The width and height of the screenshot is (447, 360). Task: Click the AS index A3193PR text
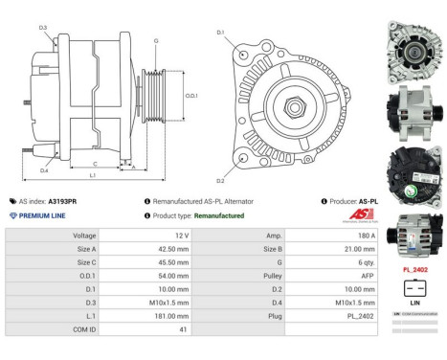point(64,202)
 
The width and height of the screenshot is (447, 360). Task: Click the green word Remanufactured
point(212,215)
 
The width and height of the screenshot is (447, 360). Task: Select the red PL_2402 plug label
point(414,270)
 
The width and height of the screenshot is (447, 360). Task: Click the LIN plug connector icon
point(414,287)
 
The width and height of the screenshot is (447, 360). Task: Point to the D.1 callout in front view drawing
point(220,33)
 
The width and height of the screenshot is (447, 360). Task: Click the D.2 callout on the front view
point(220,180)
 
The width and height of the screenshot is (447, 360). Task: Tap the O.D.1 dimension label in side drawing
point(191,96)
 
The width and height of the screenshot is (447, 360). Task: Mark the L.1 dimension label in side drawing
point(92,176)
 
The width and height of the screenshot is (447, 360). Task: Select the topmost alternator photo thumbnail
point(414,44)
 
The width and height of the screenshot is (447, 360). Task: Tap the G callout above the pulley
point(156,41)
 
